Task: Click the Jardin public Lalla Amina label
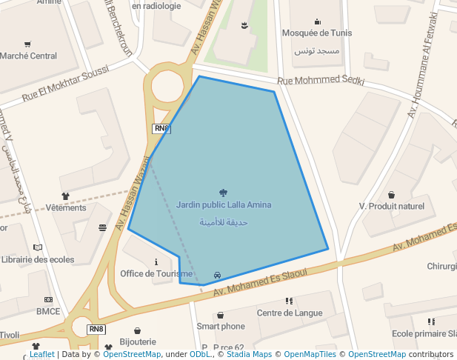(x=224, y=204)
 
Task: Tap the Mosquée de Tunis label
(x=317, y=33)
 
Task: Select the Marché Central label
(x=28, y=56)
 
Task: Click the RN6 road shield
(x=161, y=129)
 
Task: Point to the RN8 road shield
(x=96, y=329)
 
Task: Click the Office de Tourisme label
(x=156, y=273)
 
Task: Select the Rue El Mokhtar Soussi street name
(x=65, y=83)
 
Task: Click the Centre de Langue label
(x=289, y=313)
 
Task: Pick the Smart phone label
(x=221, y=326)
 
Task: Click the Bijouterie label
(x=138, y=341)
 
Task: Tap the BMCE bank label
(x=48, y=311)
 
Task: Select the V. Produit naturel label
(x=391, y=206)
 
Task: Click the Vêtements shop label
(x=66, y=207)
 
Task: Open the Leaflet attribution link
(x=41, y=355)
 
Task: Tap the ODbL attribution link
(x=199, y=355)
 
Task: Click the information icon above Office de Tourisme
(x=156, y=261)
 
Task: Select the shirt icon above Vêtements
(x=66, y=196)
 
